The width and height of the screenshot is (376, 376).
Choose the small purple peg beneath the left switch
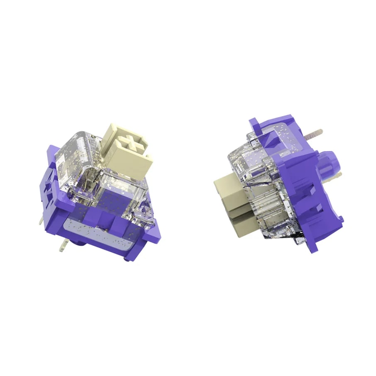tap(127, 259)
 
